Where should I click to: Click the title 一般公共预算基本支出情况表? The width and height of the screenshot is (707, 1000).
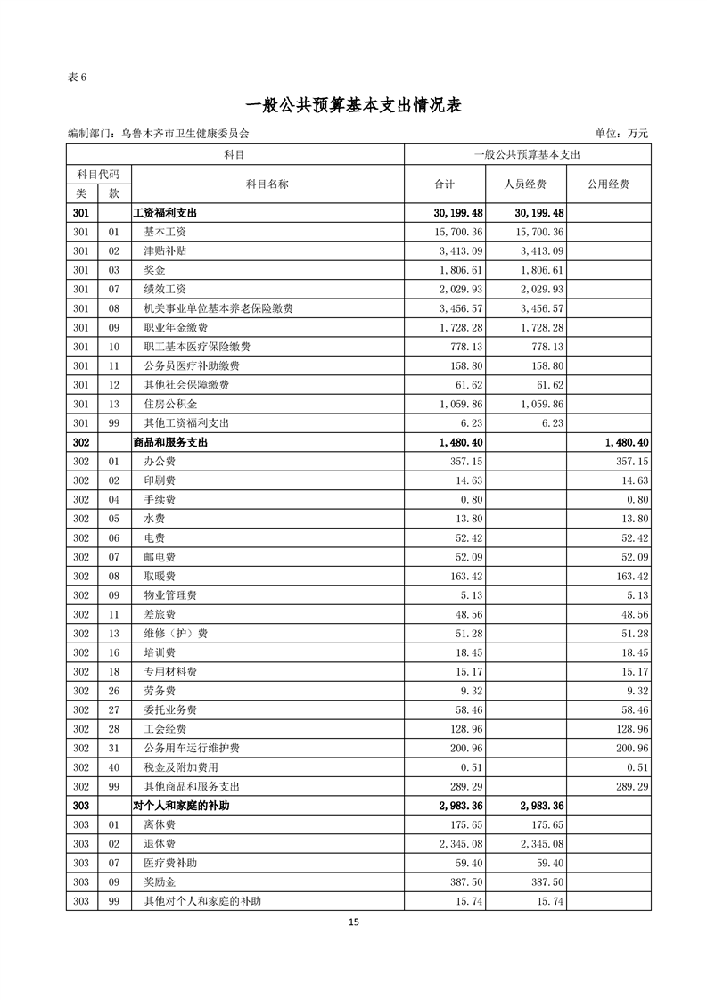point(353,104)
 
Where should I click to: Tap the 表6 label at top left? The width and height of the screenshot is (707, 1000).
point(77,76)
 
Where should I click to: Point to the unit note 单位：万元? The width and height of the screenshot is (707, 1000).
point(622,134)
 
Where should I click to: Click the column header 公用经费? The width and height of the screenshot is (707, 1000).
point(608,184)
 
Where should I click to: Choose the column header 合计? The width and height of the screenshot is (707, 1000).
point(444,184)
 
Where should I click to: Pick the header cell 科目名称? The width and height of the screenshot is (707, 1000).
point(267,184)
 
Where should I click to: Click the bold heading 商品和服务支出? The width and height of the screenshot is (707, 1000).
point(170,442)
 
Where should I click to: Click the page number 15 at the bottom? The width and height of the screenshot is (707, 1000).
point(354,922)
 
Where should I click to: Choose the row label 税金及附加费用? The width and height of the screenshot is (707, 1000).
point(181,766)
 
